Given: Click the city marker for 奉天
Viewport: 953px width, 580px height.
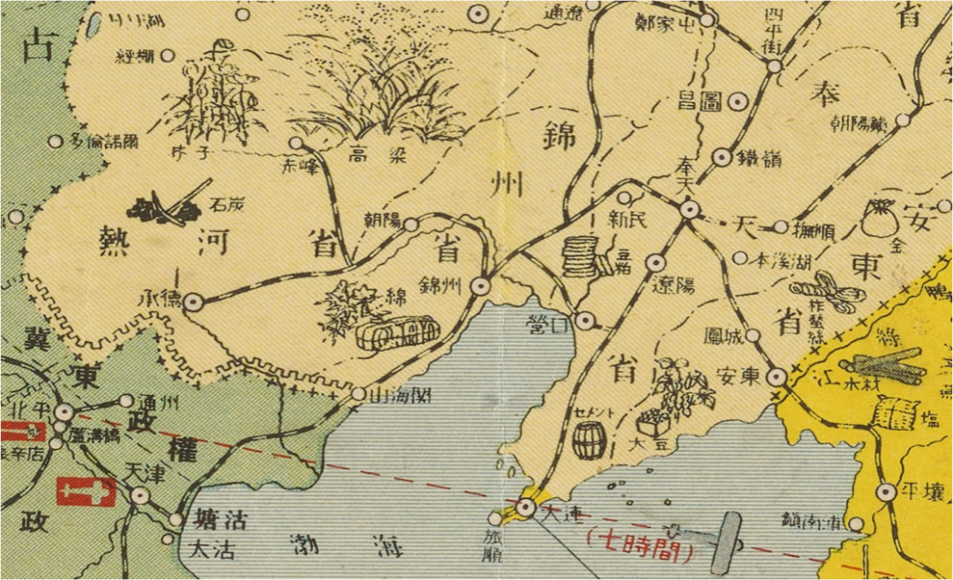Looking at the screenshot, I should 690,209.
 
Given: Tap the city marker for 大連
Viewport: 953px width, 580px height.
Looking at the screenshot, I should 526,507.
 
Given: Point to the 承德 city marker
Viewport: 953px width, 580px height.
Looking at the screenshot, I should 193,301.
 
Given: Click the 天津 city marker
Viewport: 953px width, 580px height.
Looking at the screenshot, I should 139,495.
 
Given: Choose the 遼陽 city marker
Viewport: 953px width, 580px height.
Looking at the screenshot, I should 655,262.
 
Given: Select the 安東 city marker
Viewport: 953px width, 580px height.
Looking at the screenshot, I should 777,376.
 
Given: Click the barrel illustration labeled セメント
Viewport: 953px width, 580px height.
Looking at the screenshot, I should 589,439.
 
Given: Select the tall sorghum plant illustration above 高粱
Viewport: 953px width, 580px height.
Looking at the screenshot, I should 379,88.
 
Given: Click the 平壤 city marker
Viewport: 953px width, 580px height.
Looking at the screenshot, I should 885,492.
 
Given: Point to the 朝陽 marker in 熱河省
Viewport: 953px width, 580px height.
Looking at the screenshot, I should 410,225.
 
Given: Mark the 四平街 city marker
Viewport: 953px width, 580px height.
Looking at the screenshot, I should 774,66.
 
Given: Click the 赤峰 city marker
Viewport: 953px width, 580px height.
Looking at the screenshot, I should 296,143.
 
